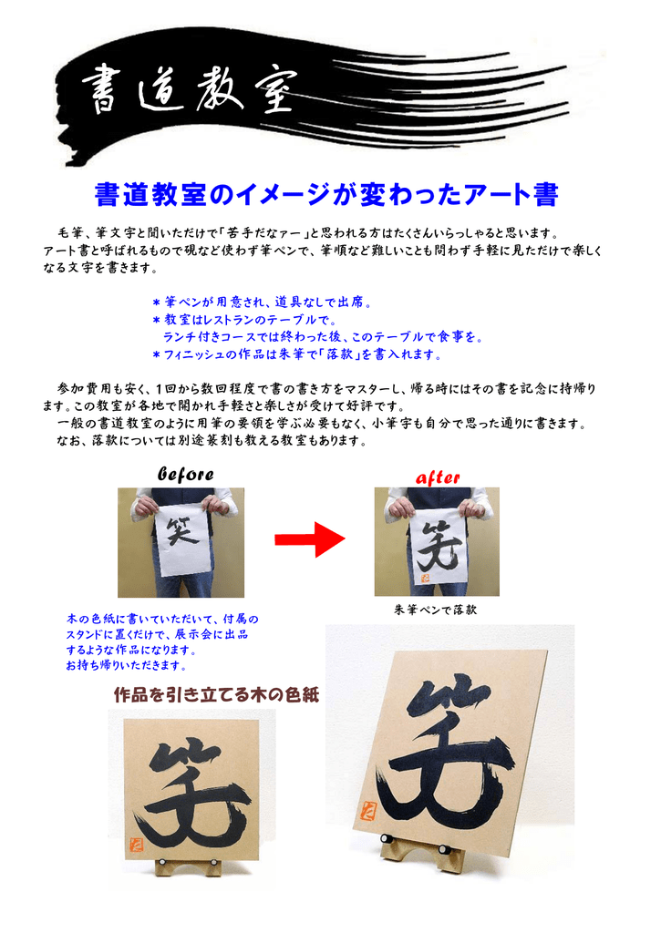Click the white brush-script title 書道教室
click(x=189, y=92)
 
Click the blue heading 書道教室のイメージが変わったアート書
click(x=325, y=195)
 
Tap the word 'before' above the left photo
click(x=186, y=475)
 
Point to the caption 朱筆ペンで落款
click(x=436, y=610)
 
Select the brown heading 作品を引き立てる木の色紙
click(x=216, y=695)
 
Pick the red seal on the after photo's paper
click(x=425, y=576)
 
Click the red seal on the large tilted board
click(x=368, y=809)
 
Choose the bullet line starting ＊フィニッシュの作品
click(x=297, y=354)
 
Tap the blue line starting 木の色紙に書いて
click(x=163, y=620)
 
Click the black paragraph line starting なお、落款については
click(x=211, y=440)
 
